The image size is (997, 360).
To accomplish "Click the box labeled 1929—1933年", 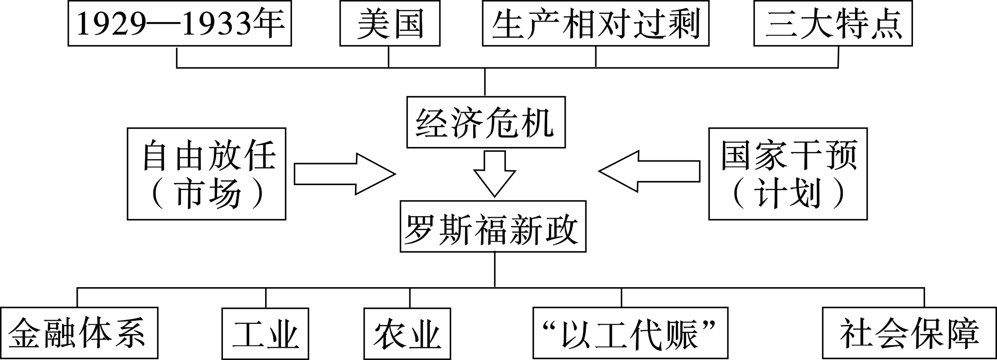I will (180, 23).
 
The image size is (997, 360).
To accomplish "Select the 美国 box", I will (390, 23).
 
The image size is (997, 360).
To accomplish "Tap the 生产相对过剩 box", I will (595, 23).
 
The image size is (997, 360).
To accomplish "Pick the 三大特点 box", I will (833, 23).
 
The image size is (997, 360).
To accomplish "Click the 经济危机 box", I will (486, 122).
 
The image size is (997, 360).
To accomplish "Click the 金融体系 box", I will (79, 333).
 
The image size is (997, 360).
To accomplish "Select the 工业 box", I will (266, 333).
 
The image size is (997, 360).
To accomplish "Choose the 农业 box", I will (407, 333).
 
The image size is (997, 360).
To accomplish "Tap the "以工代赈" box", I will (630, 333).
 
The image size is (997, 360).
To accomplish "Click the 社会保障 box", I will (909, 333).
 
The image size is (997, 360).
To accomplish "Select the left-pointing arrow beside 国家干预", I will (649, 173).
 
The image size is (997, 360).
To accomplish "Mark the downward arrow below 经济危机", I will (495, 173).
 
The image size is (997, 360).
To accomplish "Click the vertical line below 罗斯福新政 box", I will (495, 270).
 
